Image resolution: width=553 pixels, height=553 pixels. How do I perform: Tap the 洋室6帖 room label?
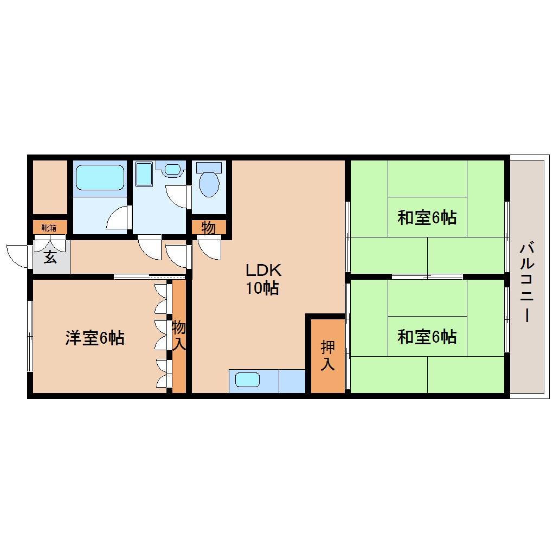pos(95,338)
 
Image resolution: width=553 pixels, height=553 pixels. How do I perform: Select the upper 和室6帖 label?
pos(427,218)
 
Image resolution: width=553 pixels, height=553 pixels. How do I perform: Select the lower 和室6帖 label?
pos(427,337)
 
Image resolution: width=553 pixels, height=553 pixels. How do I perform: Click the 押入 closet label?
pos(327,356)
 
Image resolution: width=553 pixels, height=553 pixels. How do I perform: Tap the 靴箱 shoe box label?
pos(49,227)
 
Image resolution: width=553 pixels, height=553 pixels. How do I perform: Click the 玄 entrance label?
pos(50,258)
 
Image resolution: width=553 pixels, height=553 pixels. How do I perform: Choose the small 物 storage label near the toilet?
pos(208,228)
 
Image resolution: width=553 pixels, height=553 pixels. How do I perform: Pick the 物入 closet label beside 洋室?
pos(179,335)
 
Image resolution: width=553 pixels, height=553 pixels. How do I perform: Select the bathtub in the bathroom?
pos(100,177)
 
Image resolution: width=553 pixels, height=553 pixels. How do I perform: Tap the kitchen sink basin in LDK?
pos(247,380)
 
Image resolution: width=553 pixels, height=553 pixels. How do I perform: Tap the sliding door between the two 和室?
pos(427,276)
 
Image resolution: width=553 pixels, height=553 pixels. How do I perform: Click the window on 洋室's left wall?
pos(30,336)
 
